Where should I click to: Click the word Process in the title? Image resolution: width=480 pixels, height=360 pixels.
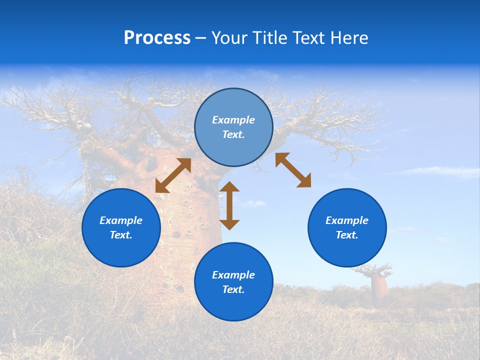click(x=157, y=37)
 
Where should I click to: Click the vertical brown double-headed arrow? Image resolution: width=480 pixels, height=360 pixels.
click(x=229, y=205)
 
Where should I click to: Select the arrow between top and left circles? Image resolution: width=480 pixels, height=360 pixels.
click(x=173, y=175)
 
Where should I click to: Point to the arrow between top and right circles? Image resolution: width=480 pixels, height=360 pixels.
click(x=293, y=170)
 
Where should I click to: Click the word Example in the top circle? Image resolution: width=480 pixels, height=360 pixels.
click(x=233, y=120)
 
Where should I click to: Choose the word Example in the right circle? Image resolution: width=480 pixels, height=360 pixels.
click(x=347, y=220)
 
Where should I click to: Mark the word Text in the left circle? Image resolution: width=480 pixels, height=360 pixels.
click(x=120, y=235)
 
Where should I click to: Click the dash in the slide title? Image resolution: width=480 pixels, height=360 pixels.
click(x=200, y=38)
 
